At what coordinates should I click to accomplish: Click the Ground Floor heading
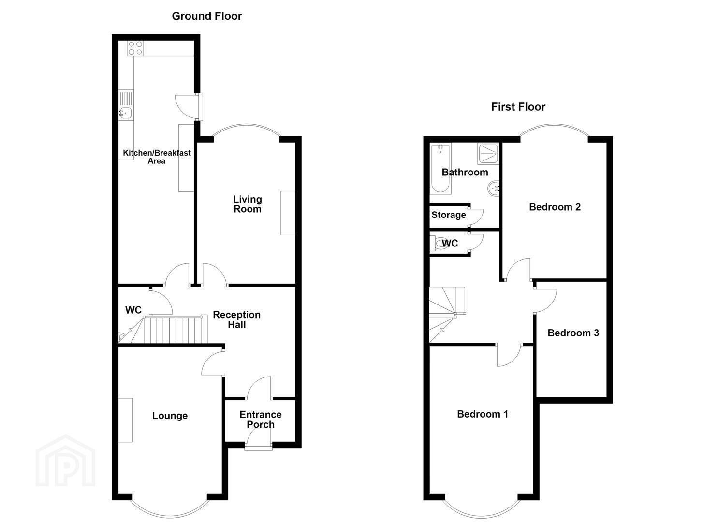[x=207, y=16]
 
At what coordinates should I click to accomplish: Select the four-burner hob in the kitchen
[x=135, y=48]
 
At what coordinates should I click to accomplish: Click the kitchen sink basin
[x=126, y=113]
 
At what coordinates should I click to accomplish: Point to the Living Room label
[x=247, y=204]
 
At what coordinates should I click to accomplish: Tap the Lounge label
[x=170, y=416]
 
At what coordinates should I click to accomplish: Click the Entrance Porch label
[x=260, y=420]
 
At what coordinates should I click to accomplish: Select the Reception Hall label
[x=236, y=319]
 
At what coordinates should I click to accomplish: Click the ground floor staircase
[x=173, y=330]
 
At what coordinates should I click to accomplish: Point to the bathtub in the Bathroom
[x=440, y=169]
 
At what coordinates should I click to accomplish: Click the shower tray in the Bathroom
[x=488, y=153]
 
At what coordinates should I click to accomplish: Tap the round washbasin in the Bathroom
[x=494, y=188]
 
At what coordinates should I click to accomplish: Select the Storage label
[x=448, y=215]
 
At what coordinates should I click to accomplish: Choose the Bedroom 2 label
[x=555, y=207]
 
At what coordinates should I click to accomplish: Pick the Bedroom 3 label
[x=573, y=333]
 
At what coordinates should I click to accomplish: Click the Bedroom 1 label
[x=483, y=414]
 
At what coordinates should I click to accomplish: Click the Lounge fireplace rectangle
[x=126, y=420]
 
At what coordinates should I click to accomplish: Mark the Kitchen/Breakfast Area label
[x=157, y=157]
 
